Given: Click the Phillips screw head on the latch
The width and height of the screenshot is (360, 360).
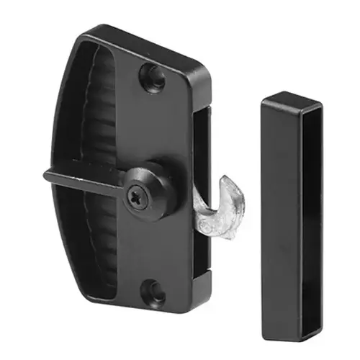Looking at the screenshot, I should pos(136,194).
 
